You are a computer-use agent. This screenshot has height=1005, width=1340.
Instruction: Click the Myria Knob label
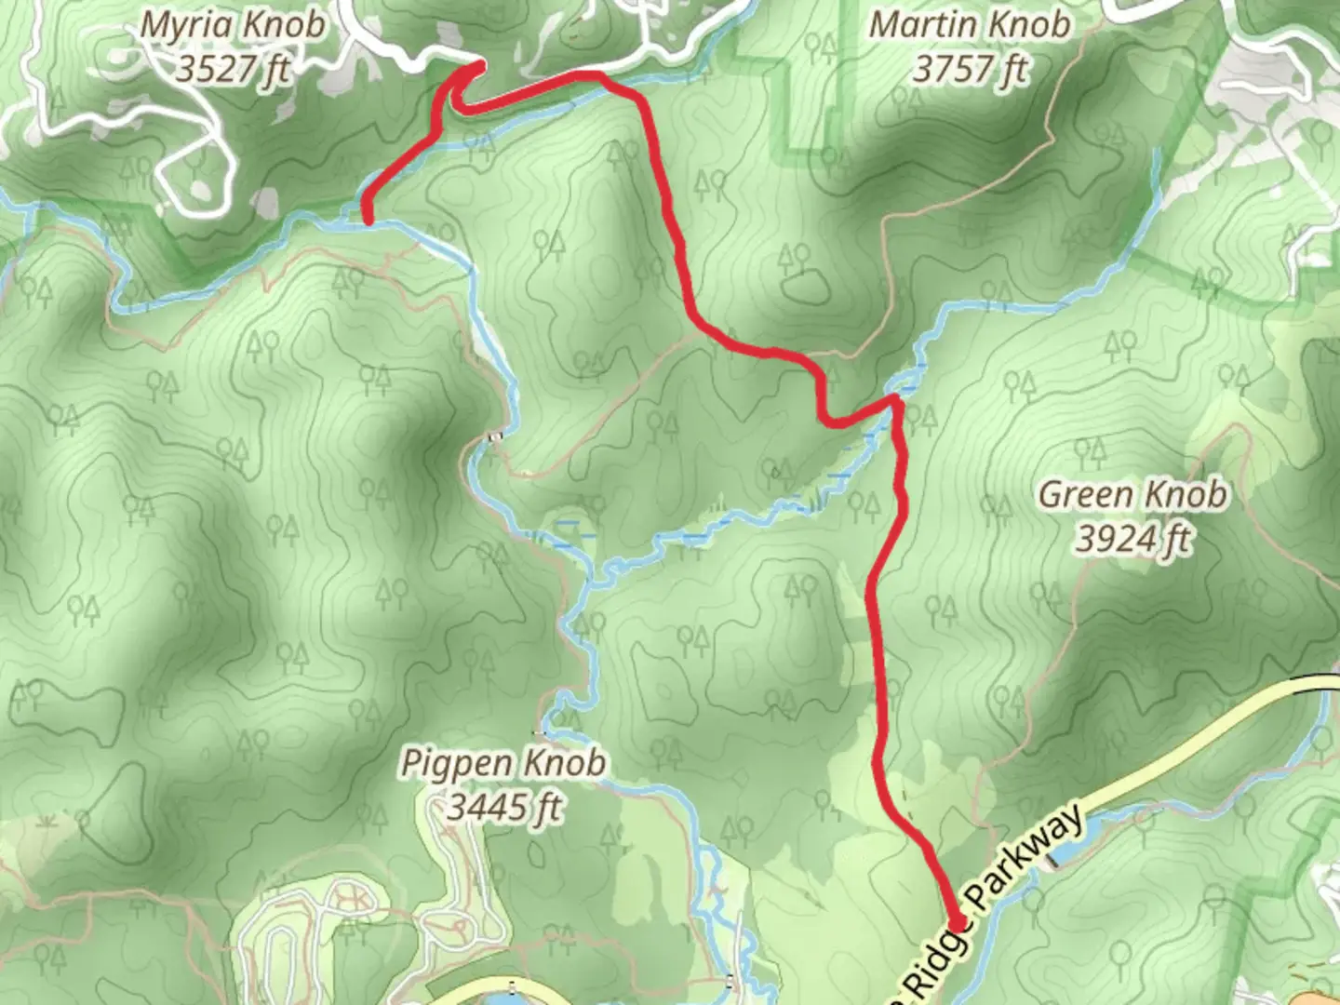tap(233, 25)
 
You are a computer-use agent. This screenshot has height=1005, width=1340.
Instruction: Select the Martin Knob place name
tap(969, 25)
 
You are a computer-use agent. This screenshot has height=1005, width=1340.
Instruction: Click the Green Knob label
tap(1132, 494)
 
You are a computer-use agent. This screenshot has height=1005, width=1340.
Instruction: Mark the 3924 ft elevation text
tap(1132, 538)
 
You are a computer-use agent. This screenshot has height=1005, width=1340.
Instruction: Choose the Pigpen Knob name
tap(503, 764)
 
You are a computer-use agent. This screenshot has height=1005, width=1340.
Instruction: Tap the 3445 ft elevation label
tap(503, 806)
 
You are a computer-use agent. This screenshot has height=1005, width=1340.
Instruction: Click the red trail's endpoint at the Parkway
tap(958, 922)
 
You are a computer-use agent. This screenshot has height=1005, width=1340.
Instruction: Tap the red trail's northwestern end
tap(368, 220)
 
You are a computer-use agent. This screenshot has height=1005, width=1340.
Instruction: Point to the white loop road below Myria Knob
tap(192, 177)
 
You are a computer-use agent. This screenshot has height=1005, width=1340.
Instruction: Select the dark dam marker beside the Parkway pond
tap(1052, 861)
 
